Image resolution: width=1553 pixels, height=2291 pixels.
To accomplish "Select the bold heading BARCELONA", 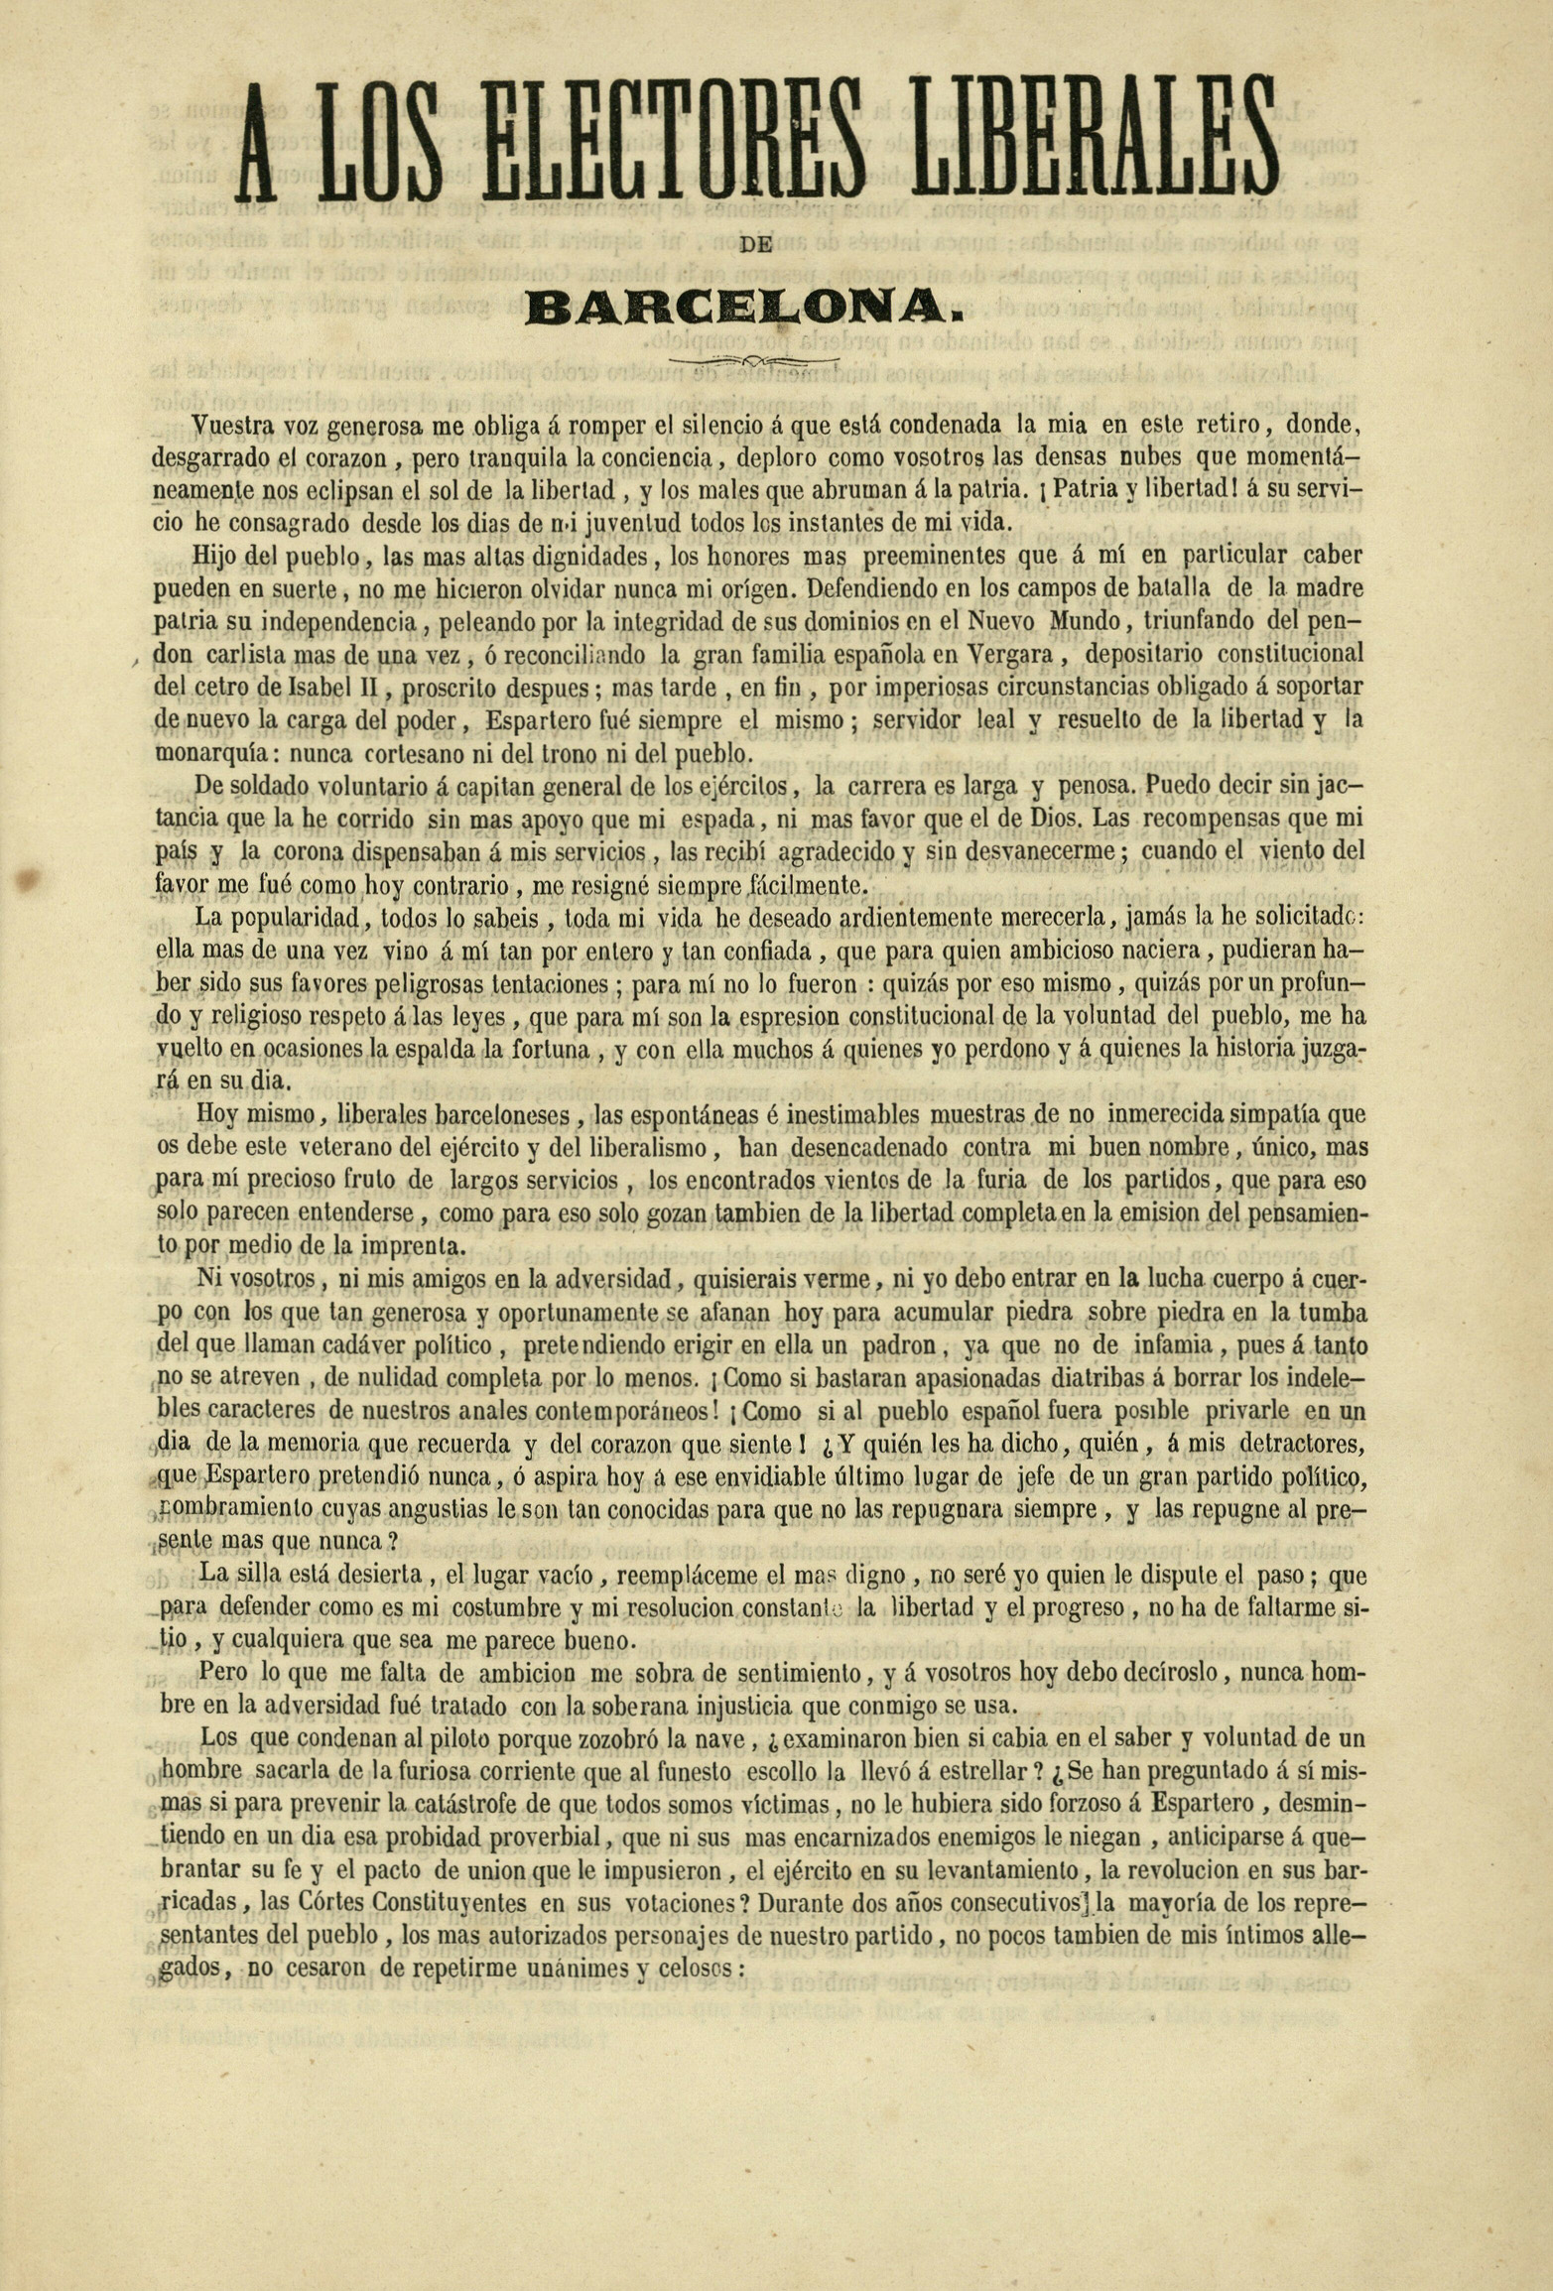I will [x=746, y=307].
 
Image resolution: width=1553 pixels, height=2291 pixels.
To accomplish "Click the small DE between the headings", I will [x=756, y=243].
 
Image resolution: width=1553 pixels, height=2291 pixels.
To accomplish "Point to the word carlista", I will [x=248, y=655].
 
